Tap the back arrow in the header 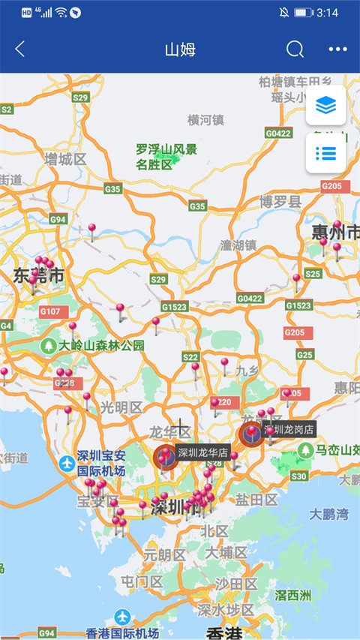[x=20, y=50]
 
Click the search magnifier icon [x=295, y=50]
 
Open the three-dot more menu [x=337, y=50]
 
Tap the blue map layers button [x=326, y=106]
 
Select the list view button [x=326, y=153]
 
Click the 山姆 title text [x=180, y=50]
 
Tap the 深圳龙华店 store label [x=203, y=452]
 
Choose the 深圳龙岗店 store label [x=289, y=428]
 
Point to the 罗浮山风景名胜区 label [x=166, y=156]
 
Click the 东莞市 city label [x=38, y=276]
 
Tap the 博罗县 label [x=280, y=201]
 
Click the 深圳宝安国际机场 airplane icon [x=67, y=462]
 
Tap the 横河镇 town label [x=205, y=119]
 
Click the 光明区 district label [x=121, y=407]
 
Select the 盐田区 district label [x=256, y=500]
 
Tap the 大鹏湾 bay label [x=329, y=515]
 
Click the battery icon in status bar [x=303, y=13]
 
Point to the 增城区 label [x=65, y=159]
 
